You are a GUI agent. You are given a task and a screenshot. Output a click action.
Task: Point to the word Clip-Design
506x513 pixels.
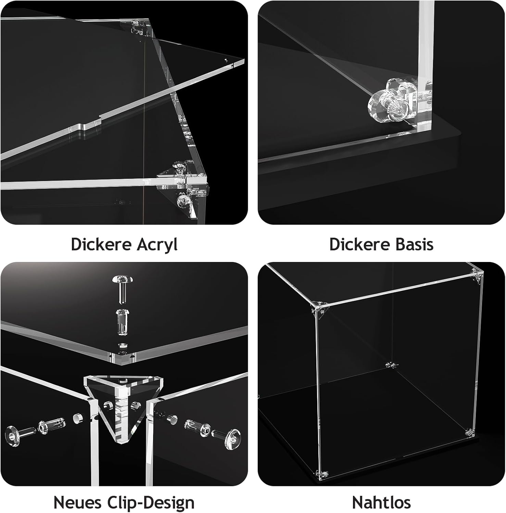151,503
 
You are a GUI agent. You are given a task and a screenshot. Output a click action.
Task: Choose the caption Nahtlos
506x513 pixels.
381,502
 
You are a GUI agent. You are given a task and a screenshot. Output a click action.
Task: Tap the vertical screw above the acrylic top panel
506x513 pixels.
122,289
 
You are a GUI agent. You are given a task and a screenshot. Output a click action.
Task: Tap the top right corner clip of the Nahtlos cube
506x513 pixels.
477,276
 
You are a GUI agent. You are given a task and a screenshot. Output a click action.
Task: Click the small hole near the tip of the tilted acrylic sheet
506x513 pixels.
226,59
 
